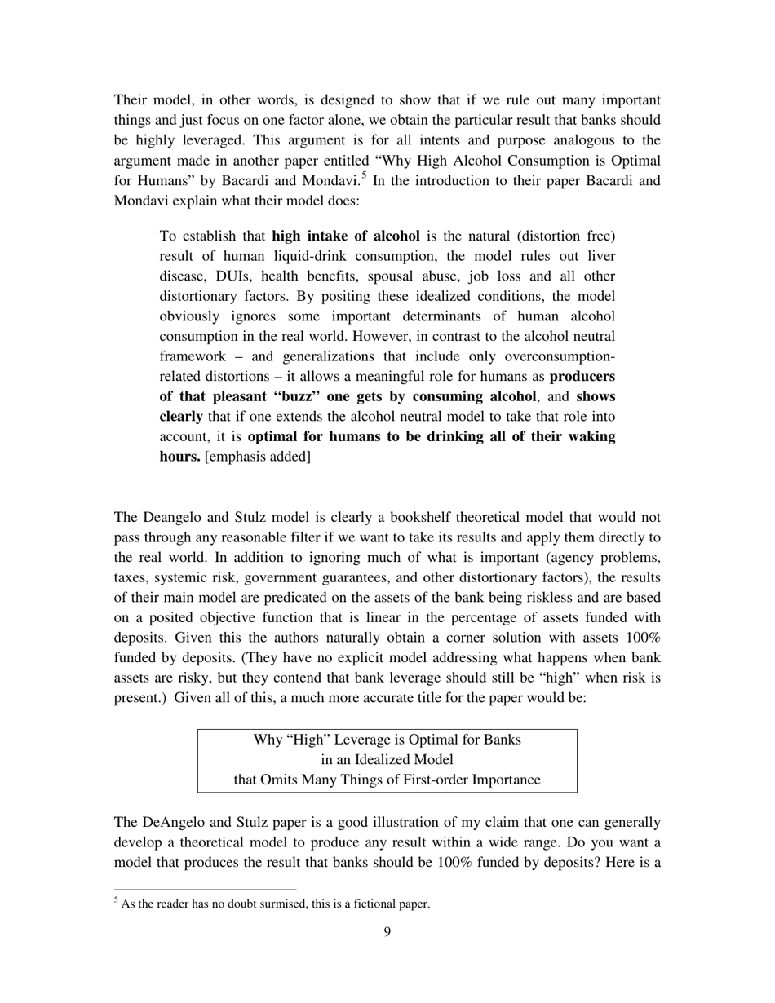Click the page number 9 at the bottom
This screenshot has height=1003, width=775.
coord(387,931)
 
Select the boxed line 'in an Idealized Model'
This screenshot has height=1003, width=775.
coord(387,759)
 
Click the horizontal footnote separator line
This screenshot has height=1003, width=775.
coord(205,890)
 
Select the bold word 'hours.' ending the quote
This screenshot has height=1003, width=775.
coord(179,456)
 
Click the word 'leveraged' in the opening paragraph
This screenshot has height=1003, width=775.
coord(201,140)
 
